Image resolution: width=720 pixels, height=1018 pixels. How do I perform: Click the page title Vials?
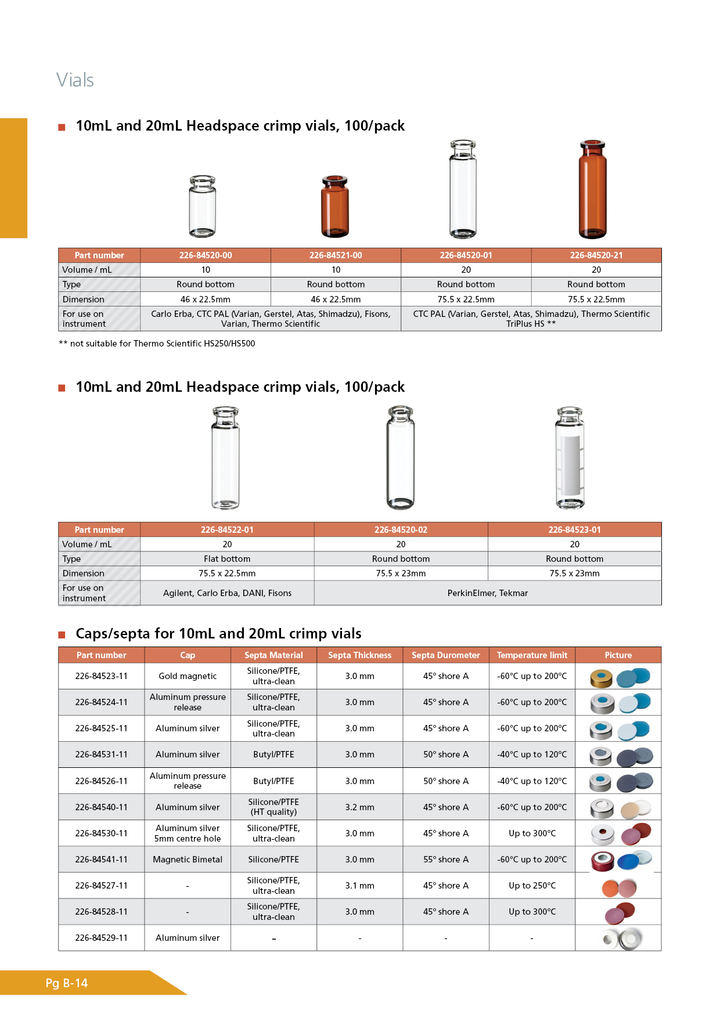pos(75,80)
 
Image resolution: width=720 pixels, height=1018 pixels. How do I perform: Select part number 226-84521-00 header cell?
pos(336,255)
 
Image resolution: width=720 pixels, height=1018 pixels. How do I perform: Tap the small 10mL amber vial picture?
pos(335,206)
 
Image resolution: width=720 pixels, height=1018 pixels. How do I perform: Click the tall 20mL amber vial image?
pos(592,189)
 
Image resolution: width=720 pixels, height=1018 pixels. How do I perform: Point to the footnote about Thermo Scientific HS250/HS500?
pos(157,344)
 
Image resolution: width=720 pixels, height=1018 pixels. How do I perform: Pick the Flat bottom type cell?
pos(227,559)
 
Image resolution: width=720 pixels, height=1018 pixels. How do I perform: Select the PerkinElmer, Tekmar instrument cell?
pos(487,593)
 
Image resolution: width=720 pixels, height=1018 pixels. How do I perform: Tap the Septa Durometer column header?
pos(445,655)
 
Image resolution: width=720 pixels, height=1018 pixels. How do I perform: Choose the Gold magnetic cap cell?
pos(188,676)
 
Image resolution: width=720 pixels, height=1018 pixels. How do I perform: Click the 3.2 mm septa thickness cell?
pos(359,807)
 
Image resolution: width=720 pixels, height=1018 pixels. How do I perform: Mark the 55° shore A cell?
pos(445,860)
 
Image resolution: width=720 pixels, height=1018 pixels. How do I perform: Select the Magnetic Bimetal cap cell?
pos(188,860)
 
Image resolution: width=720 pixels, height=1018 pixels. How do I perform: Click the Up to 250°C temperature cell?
pos(532,886)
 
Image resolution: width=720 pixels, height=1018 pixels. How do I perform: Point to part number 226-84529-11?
pos(101,938)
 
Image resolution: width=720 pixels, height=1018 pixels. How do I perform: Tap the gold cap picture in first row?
pos(602,678)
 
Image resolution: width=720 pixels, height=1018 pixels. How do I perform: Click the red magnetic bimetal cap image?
pos(602,861)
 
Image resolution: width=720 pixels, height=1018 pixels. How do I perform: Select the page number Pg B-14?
pos(67,983)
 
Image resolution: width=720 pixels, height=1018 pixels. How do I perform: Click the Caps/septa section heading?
pos(218,633)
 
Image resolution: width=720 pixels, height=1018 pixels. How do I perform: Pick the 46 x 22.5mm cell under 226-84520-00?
pos(205,299)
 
